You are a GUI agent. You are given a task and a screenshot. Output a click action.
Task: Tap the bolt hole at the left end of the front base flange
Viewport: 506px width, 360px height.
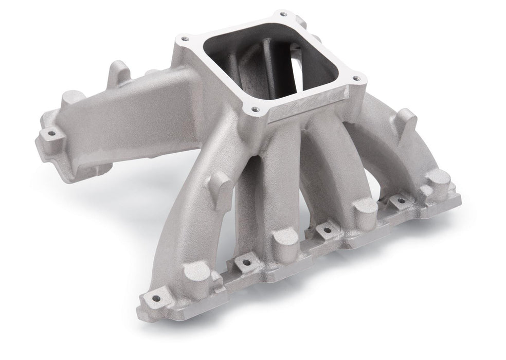(154, 299)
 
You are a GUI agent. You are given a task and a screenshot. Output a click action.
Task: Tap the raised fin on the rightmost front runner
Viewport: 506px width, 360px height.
(406, 121)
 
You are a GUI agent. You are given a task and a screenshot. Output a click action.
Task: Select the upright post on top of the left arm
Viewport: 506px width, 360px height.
(118, 73)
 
